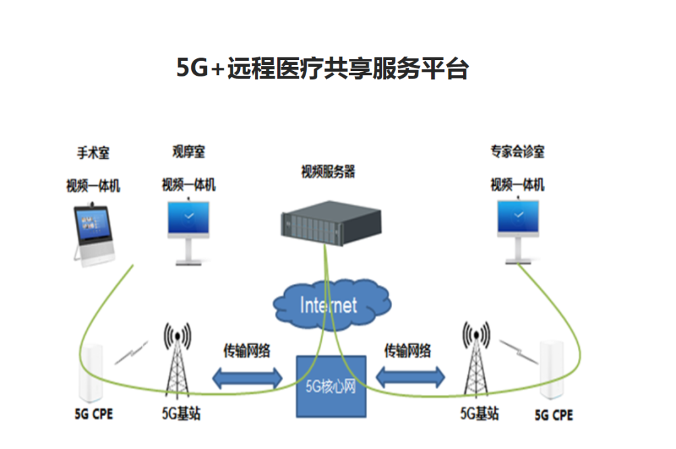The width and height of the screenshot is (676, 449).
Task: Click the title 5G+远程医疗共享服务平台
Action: pos(322,69)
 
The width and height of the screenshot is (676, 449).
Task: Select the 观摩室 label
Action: pos(189,152)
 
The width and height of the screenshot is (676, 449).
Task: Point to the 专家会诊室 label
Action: pos(517,152)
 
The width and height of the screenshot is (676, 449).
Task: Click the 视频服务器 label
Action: pos(328,172)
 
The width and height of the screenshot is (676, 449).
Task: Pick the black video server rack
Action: pos(331,220)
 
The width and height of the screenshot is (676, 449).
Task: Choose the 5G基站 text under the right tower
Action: pos(479,412)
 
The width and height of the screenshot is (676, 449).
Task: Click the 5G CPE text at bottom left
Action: pos(93,414)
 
